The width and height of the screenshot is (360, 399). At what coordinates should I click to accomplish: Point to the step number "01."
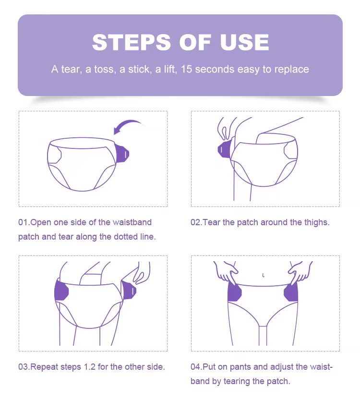[x=24, y=222]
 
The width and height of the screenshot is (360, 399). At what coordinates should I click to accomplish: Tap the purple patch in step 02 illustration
[x=224, y=149]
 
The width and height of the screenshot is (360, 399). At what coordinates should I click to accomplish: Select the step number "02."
[x=196, y=222]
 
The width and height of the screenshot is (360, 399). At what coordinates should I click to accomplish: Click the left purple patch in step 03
[x=62, y=291]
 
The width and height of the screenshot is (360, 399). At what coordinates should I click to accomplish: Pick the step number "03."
[x=24, y=367]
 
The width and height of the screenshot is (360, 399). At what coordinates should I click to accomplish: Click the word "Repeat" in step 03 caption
[x=44, y=367]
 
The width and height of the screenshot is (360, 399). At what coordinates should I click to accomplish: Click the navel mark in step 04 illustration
[x=264, y=275]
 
